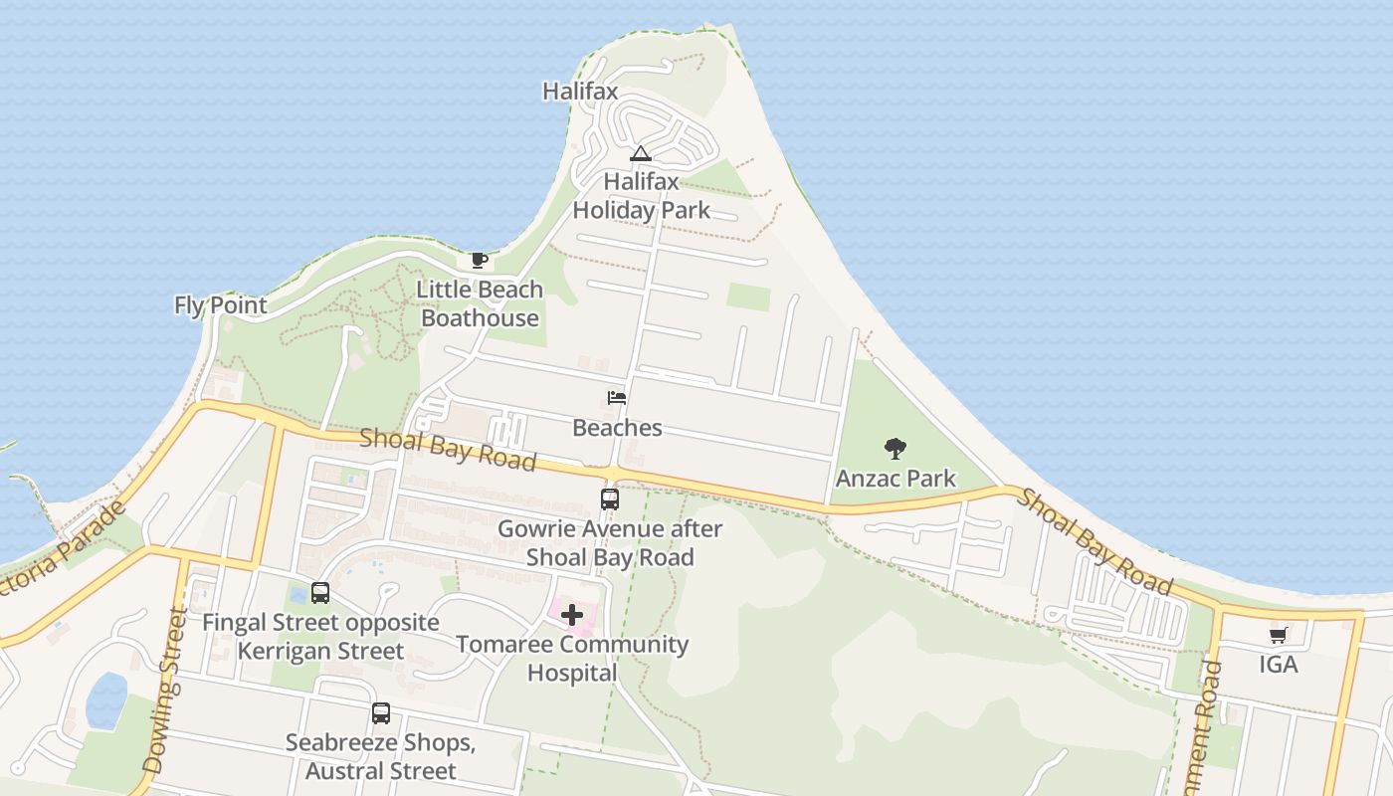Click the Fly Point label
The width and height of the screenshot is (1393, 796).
221,305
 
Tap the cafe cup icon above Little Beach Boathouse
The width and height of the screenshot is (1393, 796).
479,261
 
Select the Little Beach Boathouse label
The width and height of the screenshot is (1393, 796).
480,303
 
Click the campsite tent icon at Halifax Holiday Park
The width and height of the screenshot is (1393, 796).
640,153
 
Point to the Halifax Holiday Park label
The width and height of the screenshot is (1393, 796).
641,196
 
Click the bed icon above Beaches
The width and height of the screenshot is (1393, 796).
617,398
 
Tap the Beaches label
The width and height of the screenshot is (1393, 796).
617,428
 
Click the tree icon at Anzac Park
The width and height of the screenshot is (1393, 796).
895,449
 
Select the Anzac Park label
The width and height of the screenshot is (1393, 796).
895,479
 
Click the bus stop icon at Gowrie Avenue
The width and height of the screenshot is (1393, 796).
610,498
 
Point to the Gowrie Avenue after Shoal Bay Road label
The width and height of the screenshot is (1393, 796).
610,543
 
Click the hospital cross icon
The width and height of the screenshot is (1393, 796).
572,615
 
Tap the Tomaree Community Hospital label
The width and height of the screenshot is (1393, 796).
572,659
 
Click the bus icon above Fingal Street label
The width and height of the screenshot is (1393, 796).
320,593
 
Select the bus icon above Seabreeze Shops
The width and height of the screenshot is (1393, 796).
381,713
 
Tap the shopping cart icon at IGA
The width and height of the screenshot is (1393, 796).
1279,635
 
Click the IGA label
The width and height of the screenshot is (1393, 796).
1279,664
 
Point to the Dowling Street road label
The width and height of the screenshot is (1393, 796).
165,692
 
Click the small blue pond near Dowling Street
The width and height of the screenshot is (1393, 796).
106,699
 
